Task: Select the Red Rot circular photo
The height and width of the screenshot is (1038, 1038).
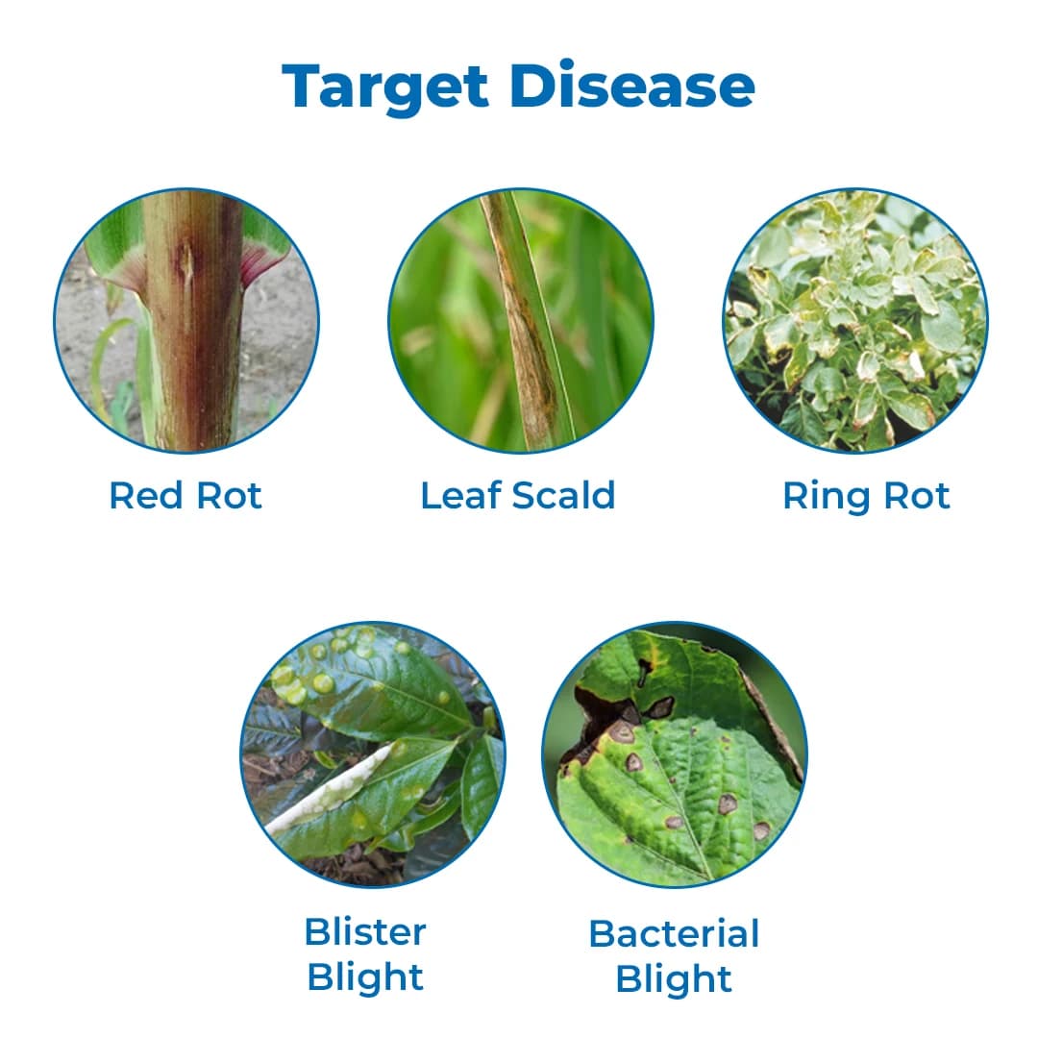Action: point(185,320)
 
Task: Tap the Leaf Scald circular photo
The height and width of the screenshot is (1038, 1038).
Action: point(520,320)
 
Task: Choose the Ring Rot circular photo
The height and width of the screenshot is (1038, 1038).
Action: point(854,320)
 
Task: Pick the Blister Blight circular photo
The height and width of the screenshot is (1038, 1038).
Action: point(372,754)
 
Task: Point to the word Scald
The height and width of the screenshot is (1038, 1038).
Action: point(563,496)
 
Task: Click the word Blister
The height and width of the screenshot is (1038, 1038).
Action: point(365,931)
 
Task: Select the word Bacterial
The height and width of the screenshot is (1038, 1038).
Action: point(674,933)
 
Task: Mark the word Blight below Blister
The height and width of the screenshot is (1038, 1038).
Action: point(365,977)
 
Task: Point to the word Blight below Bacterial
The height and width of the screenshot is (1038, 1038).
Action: point(674,979)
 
